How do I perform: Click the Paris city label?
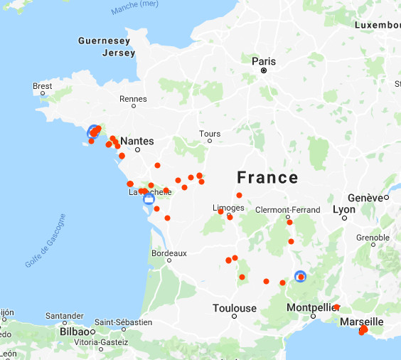click(x=263, y=61)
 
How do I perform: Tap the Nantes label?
click(x=137, y=142)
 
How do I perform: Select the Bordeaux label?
click(x=169, y=253)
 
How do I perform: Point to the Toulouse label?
click(x=235, y=308)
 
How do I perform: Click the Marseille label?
click(x=361, y=322)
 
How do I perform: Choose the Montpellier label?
click(x=309, y=307)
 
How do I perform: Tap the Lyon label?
click(x=343, y=210)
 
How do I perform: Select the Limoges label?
click(x=228, y=208)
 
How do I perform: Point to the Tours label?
click(x=210, y=134)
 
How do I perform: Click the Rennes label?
click(x=133, y=99)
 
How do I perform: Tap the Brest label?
click(x=43, y=86)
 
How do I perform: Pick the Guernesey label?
click(x=104, y=41)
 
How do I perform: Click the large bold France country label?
click(x=267, y=177)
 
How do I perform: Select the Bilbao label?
click(x=73, y=332)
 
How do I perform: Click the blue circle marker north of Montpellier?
click(x=300, y=276)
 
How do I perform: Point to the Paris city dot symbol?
click(x=263, y=70)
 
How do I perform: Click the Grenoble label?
click(x=373, y=237)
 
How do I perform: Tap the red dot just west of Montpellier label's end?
click(x=337, y=307)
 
